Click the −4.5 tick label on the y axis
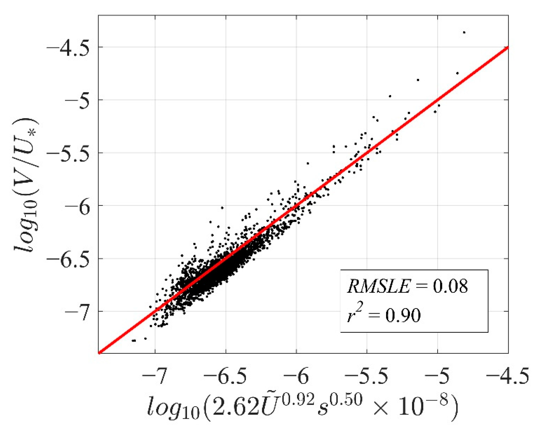point(68,48)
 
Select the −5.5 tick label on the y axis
point(68,154)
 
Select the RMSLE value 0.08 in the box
point(450,286)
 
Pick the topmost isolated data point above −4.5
point(464,32)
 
